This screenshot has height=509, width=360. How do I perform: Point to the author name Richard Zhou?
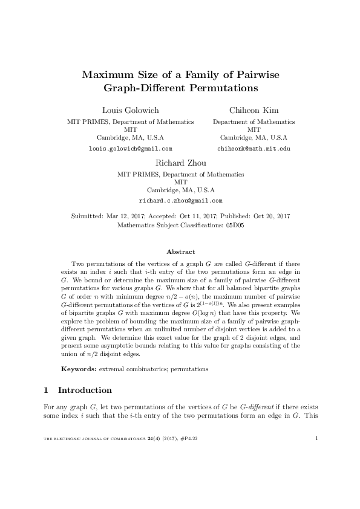180,163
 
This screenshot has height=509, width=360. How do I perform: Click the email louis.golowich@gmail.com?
130,148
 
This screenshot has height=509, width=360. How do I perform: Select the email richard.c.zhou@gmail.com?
180,200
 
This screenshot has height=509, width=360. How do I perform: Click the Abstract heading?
180,251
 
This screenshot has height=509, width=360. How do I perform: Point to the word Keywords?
77,368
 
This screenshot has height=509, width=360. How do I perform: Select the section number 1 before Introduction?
48,390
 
